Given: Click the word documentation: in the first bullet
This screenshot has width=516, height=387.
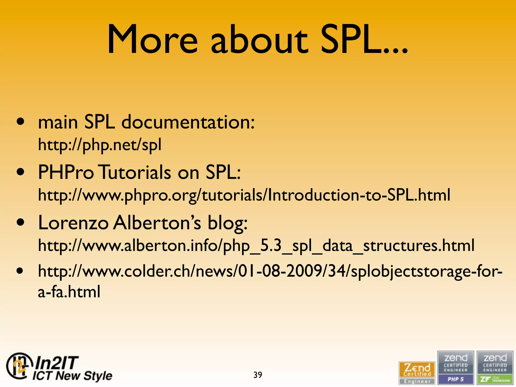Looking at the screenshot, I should tap(188, 122).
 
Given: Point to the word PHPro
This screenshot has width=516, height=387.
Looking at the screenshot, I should tap(66, 172).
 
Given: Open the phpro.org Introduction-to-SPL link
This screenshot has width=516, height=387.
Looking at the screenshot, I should tap(244, 195).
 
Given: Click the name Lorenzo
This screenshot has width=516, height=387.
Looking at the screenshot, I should tap(73, 223).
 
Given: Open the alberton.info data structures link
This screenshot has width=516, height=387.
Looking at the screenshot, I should tap(256, 246).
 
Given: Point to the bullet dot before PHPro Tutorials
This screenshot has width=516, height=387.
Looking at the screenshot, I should tap(20, 172).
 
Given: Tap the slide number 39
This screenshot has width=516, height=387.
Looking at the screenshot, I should tap(257, 375).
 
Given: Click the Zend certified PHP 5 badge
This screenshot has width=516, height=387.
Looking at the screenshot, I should tap(456, 368).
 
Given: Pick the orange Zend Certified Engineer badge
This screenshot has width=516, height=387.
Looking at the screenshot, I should tap(417, 373).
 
